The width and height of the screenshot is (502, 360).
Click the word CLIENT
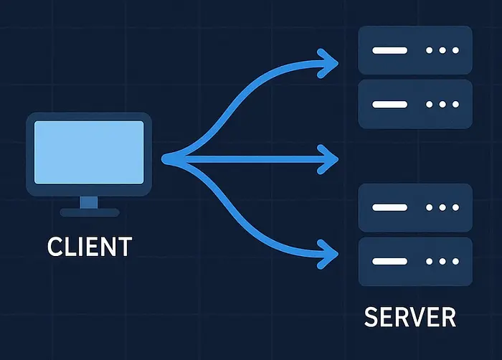coord(90,246)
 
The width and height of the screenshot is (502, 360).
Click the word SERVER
coord(410,317)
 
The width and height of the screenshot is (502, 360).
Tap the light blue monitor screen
coord(89,153)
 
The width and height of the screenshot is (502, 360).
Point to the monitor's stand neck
coord(89,202)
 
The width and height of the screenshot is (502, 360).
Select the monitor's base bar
coord(90,213)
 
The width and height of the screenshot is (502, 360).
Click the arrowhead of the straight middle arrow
coord(328,159)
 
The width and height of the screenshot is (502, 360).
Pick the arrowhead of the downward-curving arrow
coord(328,254)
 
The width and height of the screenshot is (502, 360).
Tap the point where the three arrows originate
coord(165,159)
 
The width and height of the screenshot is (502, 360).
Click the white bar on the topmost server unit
coord(389,50)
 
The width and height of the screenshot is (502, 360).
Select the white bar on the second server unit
coord(389,105)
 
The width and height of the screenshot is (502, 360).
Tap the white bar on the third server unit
coord(389,207)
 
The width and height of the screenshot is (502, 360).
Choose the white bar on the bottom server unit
coord(389,261)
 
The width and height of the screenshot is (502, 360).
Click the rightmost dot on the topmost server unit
coord(455,50)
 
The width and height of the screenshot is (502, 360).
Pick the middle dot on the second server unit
coord(442,105)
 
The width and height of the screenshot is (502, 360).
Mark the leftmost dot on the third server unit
coord(430,207)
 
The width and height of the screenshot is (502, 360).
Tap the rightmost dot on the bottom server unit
coord(455,261)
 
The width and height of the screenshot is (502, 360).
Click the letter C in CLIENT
coord(55,246)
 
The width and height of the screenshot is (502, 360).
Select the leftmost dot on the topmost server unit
coord(430,50)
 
